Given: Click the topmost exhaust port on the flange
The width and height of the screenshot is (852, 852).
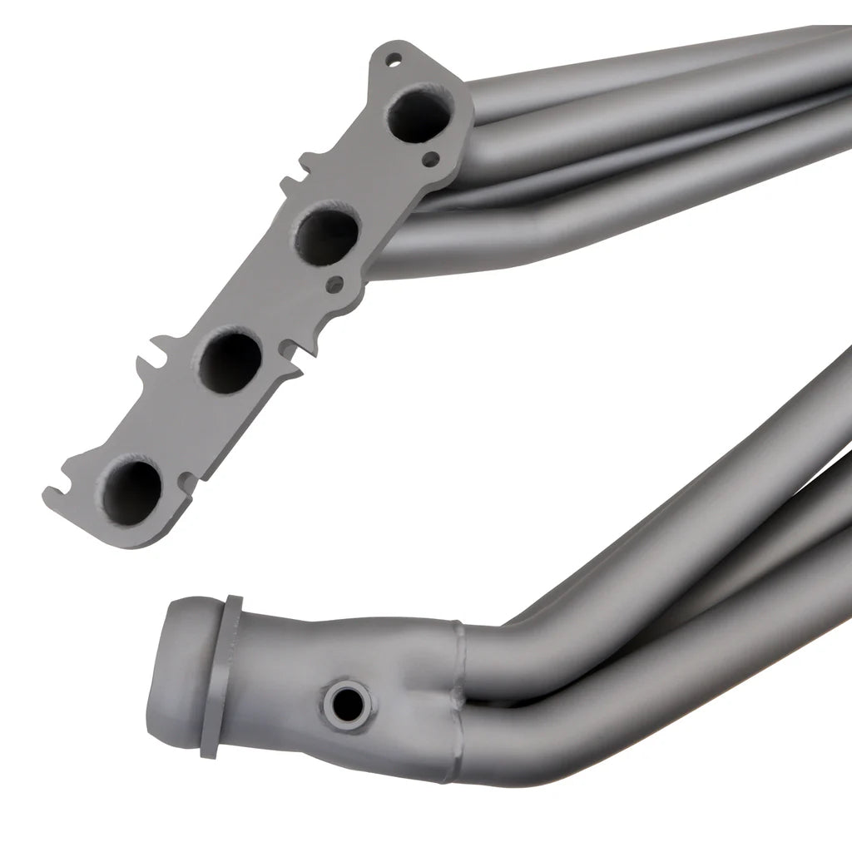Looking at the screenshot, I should [421, 115].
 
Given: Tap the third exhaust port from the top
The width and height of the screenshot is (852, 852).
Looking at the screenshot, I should [230, 359].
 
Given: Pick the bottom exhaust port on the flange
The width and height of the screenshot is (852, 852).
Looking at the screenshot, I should [132, 489].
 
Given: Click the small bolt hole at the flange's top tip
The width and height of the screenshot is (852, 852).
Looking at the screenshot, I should [394, 58].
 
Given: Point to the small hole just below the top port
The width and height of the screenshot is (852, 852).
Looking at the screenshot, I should [429, 157].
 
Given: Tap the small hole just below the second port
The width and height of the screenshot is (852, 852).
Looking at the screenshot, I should [335, 285].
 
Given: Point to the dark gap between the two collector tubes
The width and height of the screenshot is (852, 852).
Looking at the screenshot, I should [499, 706].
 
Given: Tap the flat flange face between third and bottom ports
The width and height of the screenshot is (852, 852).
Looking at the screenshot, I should [179, 424].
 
